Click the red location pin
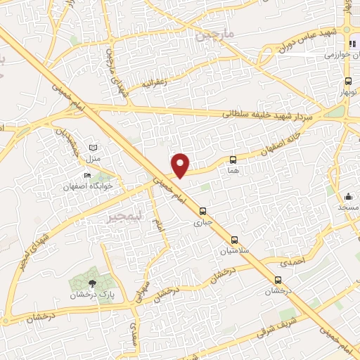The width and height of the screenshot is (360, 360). (x=181, y=165)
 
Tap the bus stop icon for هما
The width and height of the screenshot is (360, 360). (x=233, y=160)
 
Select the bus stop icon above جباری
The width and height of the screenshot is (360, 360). (x=202, y=211)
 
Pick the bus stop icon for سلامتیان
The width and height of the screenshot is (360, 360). (x=234, y=239)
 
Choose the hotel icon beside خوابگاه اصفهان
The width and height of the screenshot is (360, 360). (x=87, y=175)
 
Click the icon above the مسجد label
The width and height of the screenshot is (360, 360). (x=348, y=197)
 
